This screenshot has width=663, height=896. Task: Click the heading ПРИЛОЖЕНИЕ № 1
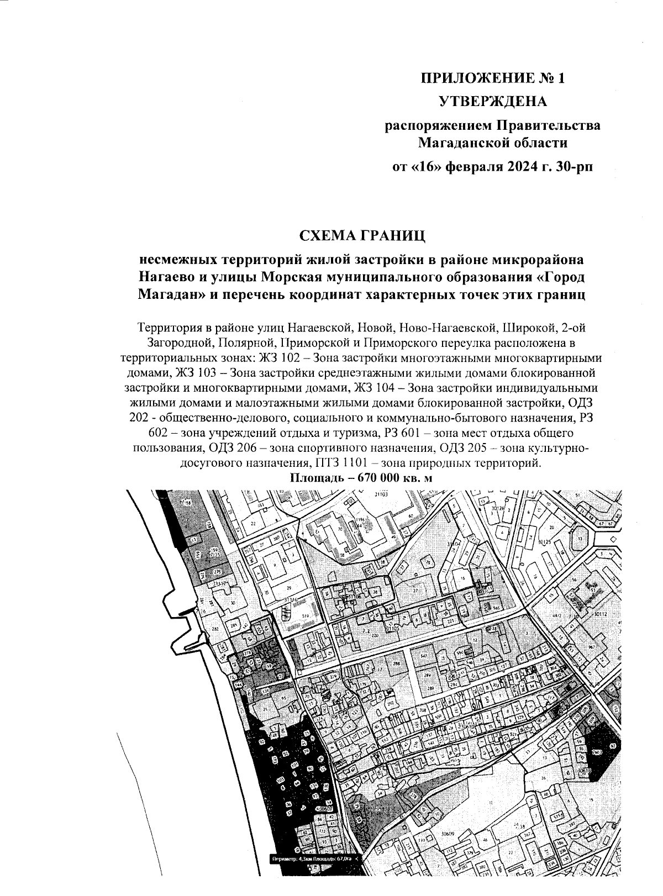pyautogui.click(x=493, y=78)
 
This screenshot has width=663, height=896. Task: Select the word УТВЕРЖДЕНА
pyautogui.click(x=493, y=102)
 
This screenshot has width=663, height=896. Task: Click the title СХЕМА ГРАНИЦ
pyautogui.click(x=361, y=236)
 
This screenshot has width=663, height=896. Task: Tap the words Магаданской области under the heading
pyautogui.click(x=493, y=144)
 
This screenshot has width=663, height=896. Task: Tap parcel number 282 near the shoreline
pyautogui.click(x=215, y=630)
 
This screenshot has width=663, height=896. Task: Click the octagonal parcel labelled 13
pyautogui.click(x=581, y=537)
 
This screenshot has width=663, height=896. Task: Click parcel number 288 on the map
pyautogui.click(x=396, y=661)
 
